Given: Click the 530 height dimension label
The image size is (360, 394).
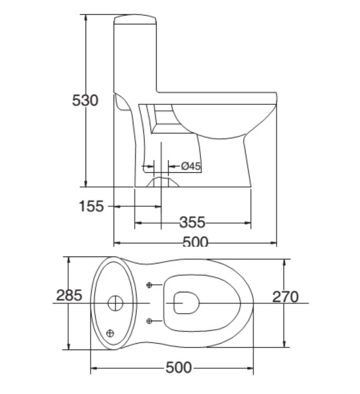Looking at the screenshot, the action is pos(85,100).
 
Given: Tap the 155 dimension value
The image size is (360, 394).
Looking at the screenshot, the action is pos(91,206).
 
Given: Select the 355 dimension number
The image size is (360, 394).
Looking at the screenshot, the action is pos(192,222).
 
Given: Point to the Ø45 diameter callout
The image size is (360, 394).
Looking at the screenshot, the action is pos(191,166).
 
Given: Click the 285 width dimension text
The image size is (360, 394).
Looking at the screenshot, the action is pos(69,295).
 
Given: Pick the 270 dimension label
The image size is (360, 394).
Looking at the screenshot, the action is pos(285,297).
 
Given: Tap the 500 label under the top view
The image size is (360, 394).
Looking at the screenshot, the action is pos(179,367).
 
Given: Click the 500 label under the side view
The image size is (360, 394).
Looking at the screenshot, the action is pos(195,242).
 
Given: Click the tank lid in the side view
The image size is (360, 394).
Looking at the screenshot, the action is pos(135,19).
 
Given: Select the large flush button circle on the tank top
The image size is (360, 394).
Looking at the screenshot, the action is pos(115,303).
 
